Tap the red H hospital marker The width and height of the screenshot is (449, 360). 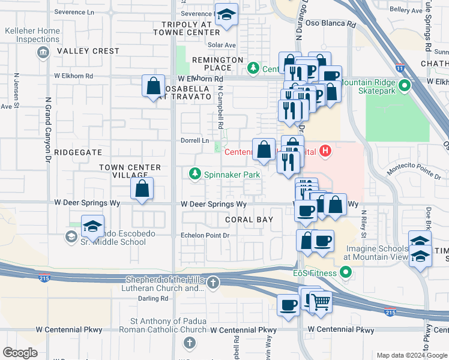point(325,150)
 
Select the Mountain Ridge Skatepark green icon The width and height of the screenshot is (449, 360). point(405,85)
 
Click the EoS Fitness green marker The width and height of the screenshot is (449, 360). point(345,274)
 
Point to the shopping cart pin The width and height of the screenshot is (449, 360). point(321,302)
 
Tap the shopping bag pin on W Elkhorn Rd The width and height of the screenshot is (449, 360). point(154,85)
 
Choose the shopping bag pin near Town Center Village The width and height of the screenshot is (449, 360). point(142,188)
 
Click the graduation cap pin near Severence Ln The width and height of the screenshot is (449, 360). point(227,15)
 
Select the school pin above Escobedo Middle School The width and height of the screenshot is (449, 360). point(93,226)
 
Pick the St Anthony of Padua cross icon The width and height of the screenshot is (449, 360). point(189,343)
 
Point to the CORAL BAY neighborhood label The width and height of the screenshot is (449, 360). point(249,220)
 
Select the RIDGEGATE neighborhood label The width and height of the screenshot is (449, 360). point(74,152)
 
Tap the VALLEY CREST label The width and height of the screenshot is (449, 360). point(88,51)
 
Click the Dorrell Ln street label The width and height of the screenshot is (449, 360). point(195,140)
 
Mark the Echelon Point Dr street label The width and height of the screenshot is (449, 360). point(206,236)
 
